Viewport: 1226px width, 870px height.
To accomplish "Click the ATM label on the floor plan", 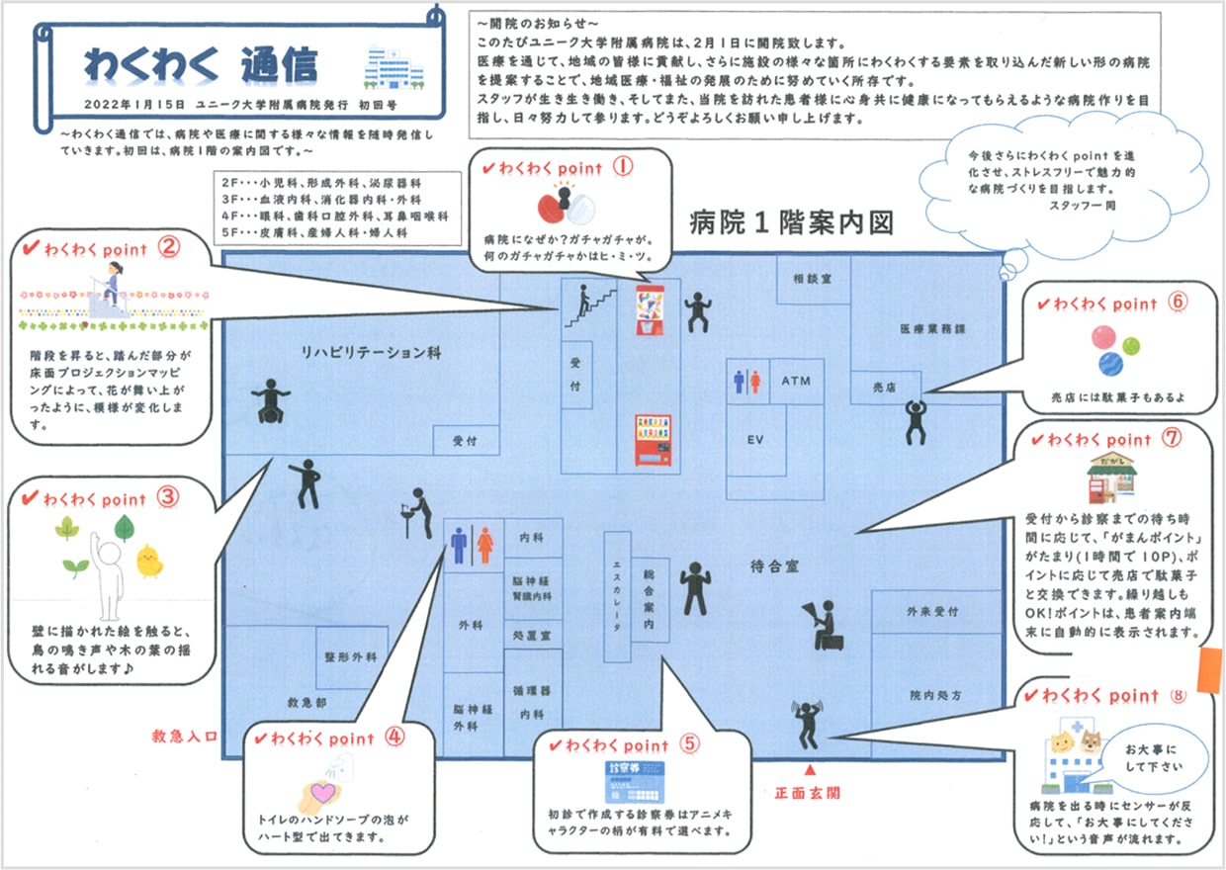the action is click(796, 381).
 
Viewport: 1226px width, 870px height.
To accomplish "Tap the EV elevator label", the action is click(755, 439).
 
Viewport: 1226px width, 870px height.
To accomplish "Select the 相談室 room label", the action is click(813, 279).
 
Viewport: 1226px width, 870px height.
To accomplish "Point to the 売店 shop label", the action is click(885, 388).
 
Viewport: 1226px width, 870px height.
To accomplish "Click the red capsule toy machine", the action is click(650, 309).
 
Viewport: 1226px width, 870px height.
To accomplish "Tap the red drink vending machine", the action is click(653, 441).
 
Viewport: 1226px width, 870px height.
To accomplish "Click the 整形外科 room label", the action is click(351, 657).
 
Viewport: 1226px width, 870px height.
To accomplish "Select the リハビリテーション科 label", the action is click(372, 352).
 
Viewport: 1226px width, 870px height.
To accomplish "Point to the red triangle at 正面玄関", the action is click(810, 770).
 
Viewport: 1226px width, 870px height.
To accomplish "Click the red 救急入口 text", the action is click(185, 736).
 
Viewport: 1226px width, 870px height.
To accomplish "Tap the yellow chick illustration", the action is click(149, 561).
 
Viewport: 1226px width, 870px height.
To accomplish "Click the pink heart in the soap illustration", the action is click(323, 792).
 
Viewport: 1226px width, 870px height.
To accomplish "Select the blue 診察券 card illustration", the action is click(635, 782).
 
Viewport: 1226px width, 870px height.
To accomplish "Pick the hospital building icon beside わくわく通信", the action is click(394, 67).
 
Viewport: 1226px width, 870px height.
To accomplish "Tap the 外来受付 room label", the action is click(932, 611).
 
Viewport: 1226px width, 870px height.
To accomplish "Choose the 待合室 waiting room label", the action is click(774, 566).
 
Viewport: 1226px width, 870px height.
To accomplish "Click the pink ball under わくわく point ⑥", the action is click(1103, 337).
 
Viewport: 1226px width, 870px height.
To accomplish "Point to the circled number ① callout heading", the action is click(623, 166).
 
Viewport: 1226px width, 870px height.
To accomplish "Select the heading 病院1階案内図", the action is click(791, 222).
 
